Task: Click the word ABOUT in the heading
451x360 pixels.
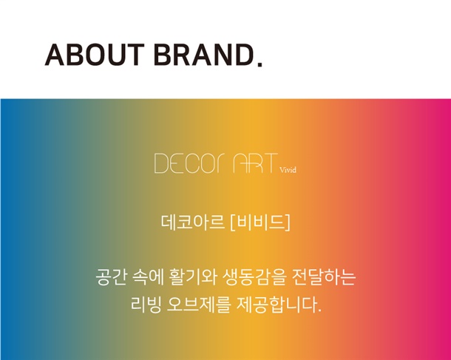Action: pyautogui.click(x=95, y=55)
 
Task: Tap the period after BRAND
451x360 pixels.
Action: pyautogui.click(x=260, y=64)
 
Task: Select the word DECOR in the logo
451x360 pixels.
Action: pyautogui.click(x=191, y=163)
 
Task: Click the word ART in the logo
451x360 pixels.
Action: pyautogui.click(x=255, y=163)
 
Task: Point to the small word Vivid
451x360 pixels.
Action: pyautogui.click(x=288, y=169)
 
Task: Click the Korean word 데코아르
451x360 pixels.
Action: pyautogui.click(x=193, y=223)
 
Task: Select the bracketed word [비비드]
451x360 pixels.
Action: pyautogui.click(x=260, y=223)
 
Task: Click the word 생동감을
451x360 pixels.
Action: pyautogui.click(x=254, y=276)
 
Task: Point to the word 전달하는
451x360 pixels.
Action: pyautogui.click(x=324, y=276)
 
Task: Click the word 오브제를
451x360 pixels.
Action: pyautogui.click(x=199, y=305)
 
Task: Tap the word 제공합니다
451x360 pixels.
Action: pyautogui.click(x=279, y=305)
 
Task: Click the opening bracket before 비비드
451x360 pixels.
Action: pyautogui.click(x=233, y=223)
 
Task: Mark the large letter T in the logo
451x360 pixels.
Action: pyautogui.click(x=270, y=163)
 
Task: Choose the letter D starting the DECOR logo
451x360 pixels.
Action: pyautogui.click(x=160, y=163)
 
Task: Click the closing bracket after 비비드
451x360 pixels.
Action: pyautogui.click(x=288, y=223)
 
